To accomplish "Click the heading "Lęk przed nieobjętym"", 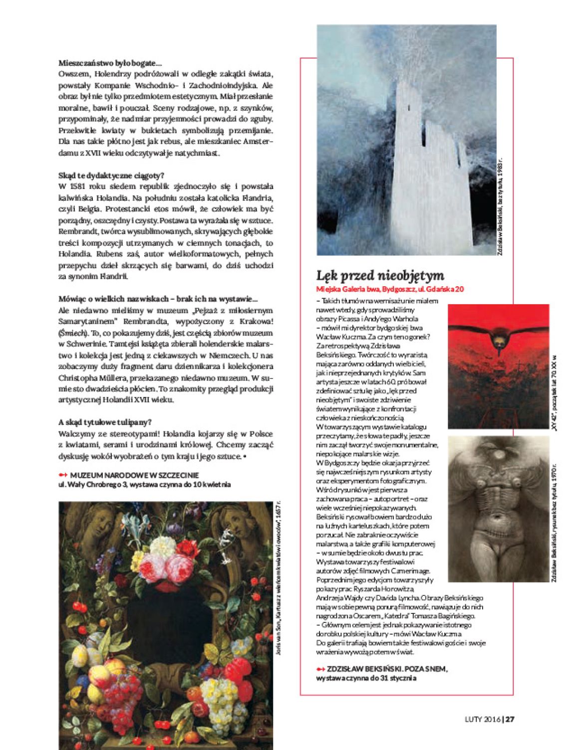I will pos(380,275).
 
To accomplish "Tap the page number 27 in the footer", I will pos(510,719).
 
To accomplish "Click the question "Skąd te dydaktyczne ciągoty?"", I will pos(111,176).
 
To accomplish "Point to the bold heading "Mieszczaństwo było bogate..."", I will pos(110,63).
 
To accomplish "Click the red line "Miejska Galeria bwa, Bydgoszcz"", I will pos(390,289).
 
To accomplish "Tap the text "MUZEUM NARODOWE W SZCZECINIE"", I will pos(134,475).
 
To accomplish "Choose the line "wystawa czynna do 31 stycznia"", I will pos(366,678).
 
